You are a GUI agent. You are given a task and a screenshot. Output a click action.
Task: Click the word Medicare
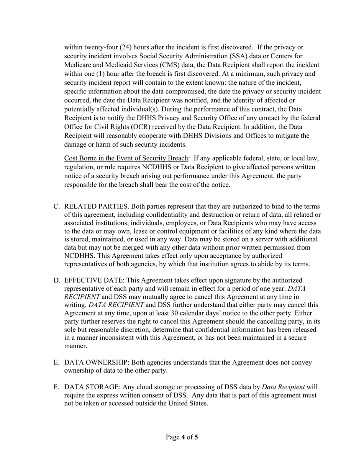[x=78, y=65]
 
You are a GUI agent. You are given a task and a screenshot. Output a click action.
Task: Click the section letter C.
[x=56, y=207]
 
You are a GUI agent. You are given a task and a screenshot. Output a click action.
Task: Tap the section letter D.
[x=56, y=280]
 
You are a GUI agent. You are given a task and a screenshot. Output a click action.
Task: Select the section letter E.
[x=56, y=362]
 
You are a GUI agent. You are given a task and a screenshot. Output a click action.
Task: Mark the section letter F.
[x=56, y=387]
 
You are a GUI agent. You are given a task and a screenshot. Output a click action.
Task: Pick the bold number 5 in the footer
[x=196, y=437]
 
